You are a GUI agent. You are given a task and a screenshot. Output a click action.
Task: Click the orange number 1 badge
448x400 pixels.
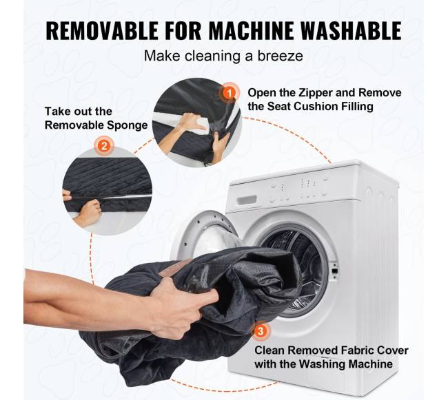pos(229,93)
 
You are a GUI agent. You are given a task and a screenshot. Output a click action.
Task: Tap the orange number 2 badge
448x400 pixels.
pos(104,146)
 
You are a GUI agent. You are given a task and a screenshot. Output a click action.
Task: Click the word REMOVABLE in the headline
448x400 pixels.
pos(102,30)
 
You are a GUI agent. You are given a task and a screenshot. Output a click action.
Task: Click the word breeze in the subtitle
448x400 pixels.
pos(281,56)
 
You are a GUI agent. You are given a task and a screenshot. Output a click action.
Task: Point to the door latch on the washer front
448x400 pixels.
pos(334,270)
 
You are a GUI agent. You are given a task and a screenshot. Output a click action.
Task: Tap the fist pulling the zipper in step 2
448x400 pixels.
pos(90,210)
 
